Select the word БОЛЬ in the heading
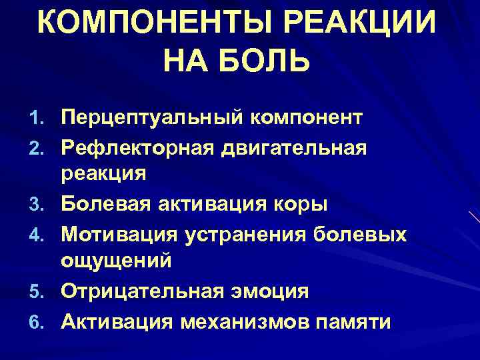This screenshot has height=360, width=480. coord(267,63)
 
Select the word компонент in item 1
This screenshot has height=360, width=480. coord(307,119)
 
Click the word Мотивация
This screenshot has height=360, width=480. coord(120,234)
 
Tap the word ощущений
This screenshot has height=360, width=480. coord(116,261)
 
